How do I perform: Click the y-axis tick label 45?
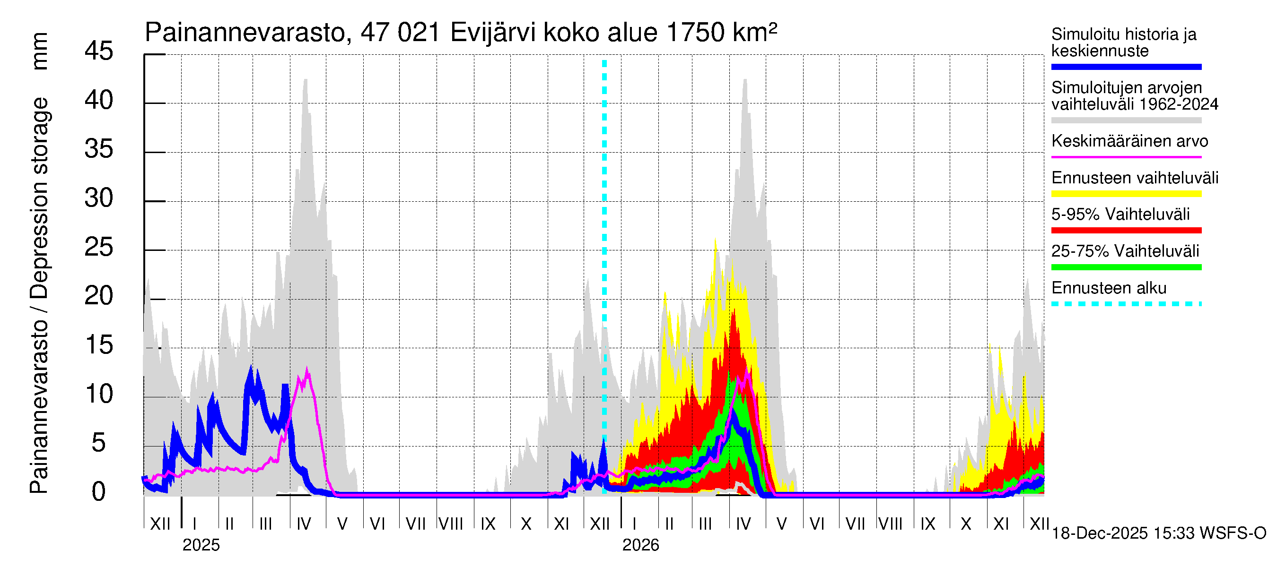tap(99, 51)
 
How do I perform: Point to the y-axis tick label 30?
tap(99, 198)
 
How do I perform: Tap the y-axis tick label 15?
tap(99, 345)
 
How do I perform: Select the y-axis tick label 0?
tap(99, 492)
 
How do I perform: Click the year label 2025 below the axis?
tap(201, 545)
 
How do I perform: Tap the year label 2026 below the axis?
tap(640, 545)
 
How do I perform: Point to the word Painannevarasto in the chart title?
tap(245, 33)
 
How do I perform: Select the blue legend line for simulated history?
tap(1126, 67)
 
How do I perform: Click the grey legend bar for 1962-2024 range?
tap(1126, 120)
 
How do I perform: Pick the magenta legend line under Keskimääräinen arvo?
tap(1126, 157)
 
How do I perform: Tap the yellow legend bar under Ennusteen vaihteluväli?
tap(1126, 194)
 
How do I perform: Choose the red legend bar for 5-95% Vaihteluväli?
tap(1126, 230)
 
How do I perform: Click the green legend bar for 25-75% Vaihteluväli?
tap(1126, 267)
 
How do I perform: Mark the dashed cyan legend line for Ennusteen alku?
tap(1126, 304)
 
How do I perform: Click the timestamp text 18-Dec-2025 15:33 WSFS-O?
tap(1158, 533)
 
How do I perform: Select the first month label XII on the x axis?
tap(160, 524)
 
